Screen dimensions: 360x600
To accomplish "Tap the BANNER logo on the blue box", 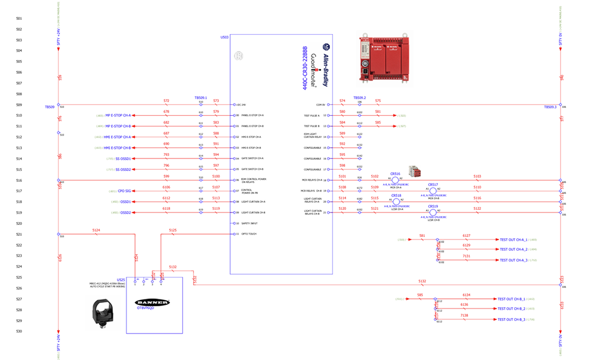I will click(x=154, y=302).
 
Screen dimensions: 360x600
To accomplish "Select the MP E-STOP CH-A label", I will click(x=118, y=115).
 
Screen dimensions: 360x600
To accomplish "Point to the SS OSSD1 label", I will click(x=122, y=158).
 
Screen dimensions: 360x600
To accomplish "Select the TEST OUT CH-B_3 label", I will click(x=511, y=319).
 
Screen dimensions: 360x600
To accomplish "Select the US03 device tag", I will click(x=224, y=37).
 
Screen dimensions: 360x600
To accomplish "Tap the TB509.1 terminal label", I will click(x=200, y=97).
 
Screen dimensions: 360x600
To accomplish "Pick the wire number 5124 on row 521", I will click(x=96, y=230).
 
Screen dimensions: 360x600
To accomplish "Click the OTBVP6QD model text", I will click(x=146, y=308).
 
